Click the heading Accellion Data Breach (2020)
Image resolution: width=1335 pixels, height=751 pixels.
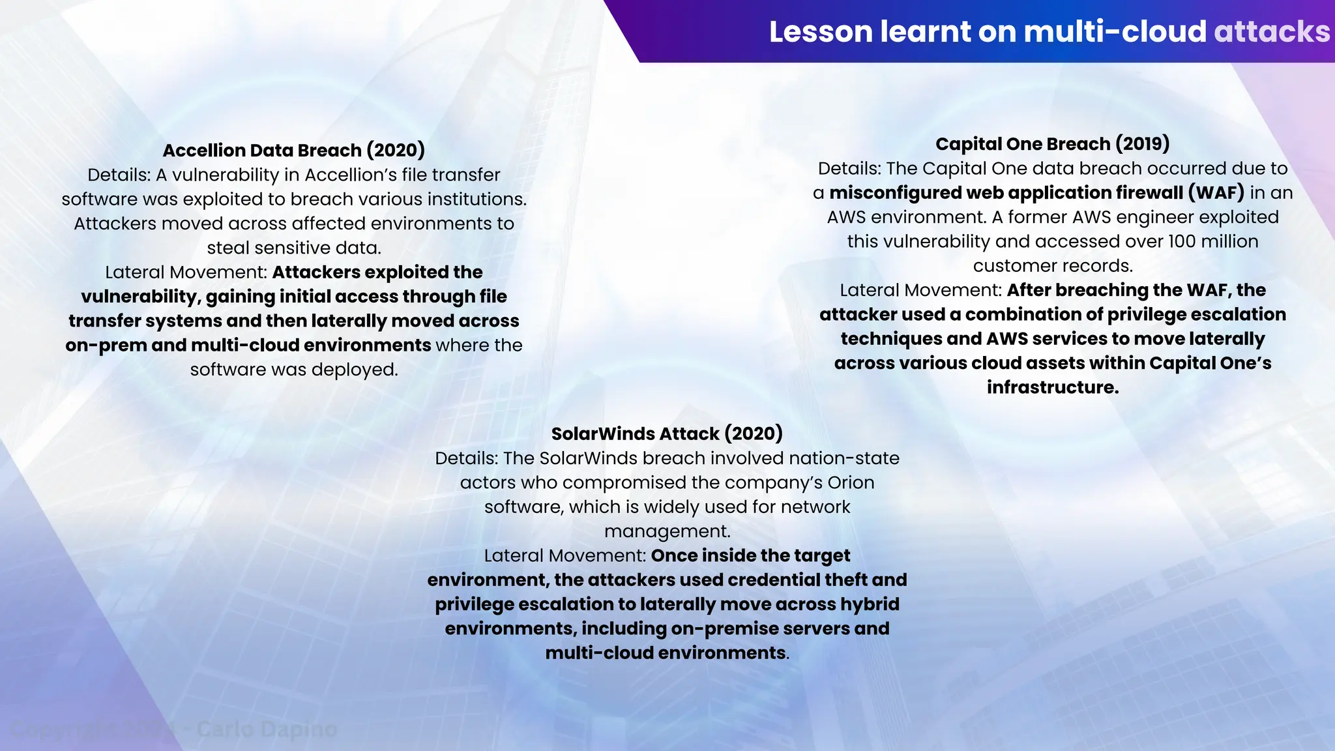(x=293, y=150)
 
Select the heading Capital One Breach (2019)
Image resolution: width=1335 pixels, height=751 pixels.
(x=1052, y=143)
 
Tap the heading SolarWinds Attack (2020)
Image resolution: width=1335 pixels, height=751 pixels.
(x=667, y=434)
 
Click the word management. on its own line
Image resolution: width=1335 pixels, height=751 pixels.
(x=667, y=531)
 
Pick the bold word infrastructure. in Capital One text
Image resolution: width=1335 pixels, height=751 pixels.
(x=1052, y=387)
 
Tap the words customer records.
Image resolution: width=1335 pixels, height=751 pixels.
(x=1052, y=266)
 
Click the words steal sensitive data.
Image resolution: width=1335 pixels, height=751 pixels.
(x=293, y=248)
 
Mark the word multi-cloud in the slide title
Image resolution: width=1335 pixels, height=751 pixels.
(x=1115, y=31)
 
